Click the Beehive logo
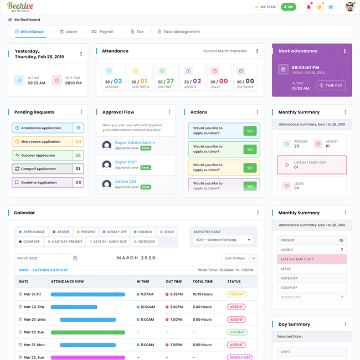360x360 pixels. (20, 7)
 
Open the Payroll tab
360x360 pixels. (102, 32)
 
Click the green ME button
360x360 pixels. (288, 7)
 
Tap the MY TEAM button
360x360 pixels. (265, 7)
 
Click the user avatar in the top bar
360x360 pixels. (349, 7)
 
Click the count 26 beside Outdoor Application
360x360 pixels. (78, 156)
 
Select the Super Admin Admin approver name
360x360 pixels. (135, 142)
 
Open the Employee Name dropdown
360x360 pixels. (223, 240)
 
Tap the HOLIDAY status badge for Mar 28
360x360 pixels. (236, 332)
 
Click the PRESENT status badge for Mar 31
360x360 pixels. (236, 294)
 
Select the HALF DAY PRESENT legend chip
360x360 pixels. (65, 241)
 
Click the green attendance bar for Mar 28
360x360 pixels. (87, 332)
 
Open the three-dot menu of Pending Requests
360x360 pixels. (81, 112)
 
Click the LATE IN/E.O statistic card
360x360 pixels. (140, 77)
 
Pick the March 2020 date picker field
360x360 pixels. (47, 258)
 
